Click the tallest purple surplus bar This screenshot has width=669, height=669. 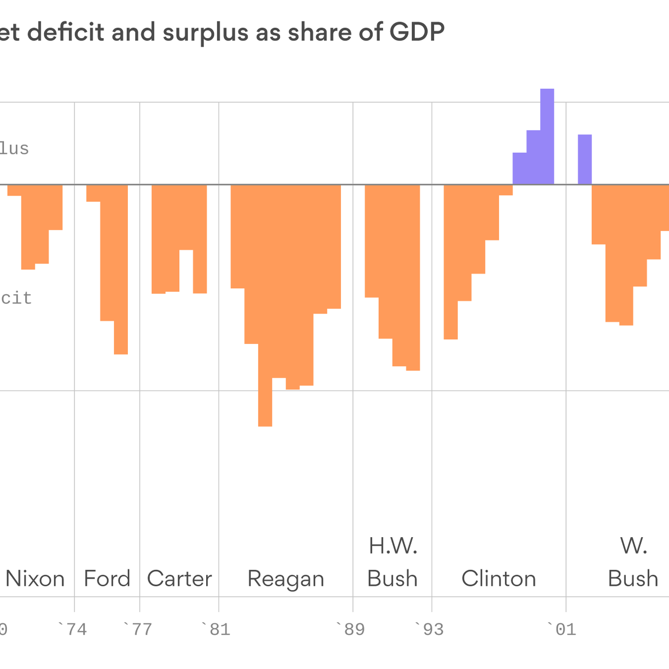tap(547, 137)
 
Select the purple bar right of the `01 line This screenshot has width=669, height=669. tap(585, 160)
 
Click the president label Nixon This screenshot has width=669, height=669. tap(35, 579)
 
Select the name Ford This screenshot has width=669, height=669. tap(107, 579)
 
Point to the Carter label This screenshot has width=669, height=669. tap(179, 579)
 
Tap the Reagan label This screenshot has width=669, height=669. tap(286, 579)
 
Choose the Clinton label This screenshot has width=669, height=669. tap(499, 579)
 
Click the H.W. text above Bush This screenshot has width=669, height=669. tap(393, 546)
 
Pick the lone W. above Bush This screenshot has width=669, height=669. tap(634, 546)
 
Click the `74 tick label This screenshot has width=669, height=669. tap(72, 629)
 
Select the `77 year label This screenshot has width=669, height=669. tap(138, 629)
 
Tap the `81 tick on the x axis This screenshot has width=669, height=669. tap(216, 629)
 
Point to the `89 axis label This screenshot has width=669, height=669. tap(351, 629)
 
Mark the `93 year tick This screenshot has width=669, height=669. tap(430, 629)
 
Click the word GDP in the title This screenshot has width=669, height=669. tap(417, 33)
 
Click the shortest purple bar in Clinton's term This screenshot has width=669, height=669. tap(520, 169)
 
